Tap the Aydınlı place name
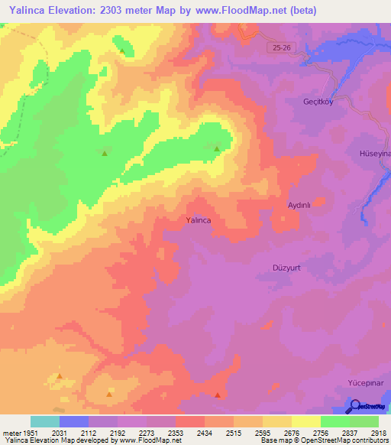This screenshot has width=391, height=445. click(300, 206)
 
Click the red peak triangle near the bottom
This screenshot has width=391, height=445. click(218, 395)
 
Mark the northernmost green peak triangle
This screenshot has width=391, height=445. click(122, 51)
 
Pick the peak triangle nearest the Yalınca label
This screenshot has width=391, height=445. click(218, 149)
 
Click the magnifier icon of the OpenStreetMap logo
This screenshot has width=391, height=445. click(356, 408)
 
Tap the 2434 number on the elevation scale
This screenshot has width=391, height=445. click(205, 432)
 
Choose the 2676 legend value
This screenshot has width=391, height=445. click(291, 432)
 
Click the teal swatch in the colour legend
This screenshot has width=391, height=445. click(44, 421)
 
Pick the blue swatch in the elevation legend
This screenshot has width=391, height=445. click(73, 421)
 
